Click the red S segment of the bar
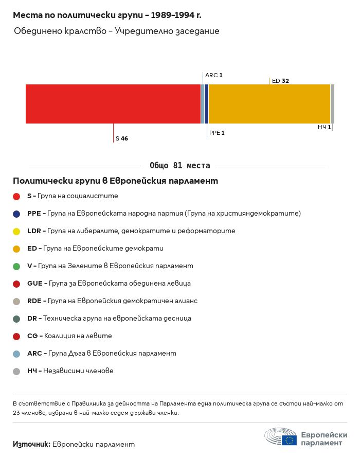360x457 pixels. click(113, 104)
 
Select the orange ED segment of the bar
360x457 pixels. click(269, 104)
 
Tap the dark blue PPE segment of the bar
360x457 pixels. click(206, 104)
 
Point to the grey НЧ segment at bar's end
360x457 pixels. click(332, 104)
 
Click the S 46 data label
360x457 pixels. click(121, 138)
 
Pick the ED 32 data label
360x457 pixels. click(280, 81)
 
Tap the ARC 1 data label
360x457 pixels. click(213, 75)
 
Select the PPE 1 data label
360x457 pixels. click(217, 133)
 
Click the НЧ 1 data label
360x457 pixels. click(324, 127)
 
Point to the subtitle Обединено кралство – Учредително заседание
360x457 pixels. click(117, 31)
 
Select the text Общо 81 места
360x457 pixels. click(179, 166)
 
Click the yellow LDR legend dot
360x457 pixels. click(16, 231)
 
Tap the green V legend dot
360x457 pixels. click(16, 266)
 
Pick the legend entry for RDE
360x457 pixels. click(112, 301)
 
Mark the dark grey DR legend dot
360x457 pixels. click(16, 319)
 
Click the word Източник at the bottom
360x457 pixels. click(31, 444)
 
